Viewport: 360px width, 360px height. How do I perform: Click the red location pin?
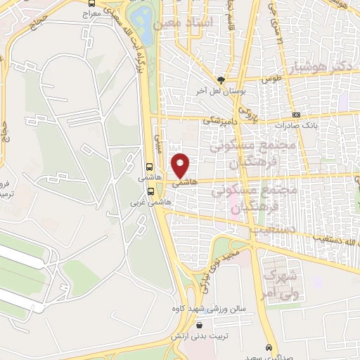tap(181, 165)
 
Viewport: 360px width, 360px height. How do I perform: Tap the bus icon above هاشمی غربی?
tap(149, 191)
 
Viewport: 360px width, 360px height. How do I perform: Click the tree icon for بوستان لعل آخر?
tap(221, 80)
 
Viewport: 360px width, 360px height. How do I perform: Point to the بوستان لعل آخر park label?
tap(222, 92)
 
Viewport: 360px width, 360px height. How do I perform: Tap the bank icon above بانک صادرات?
tap(297, 115)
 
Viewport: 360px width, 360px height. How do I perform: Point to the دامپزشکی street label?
tap(221, 120)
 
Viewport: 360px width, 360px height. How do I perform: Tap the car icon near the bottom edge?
tap(269, 348)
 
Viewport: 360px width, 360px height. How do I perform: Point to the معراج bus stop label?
tap(91, 13)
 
